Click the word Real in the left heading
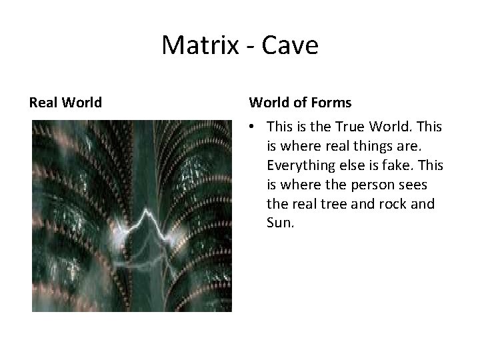tap(44, 103)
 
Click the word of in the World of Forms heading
tap(300, 103)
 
